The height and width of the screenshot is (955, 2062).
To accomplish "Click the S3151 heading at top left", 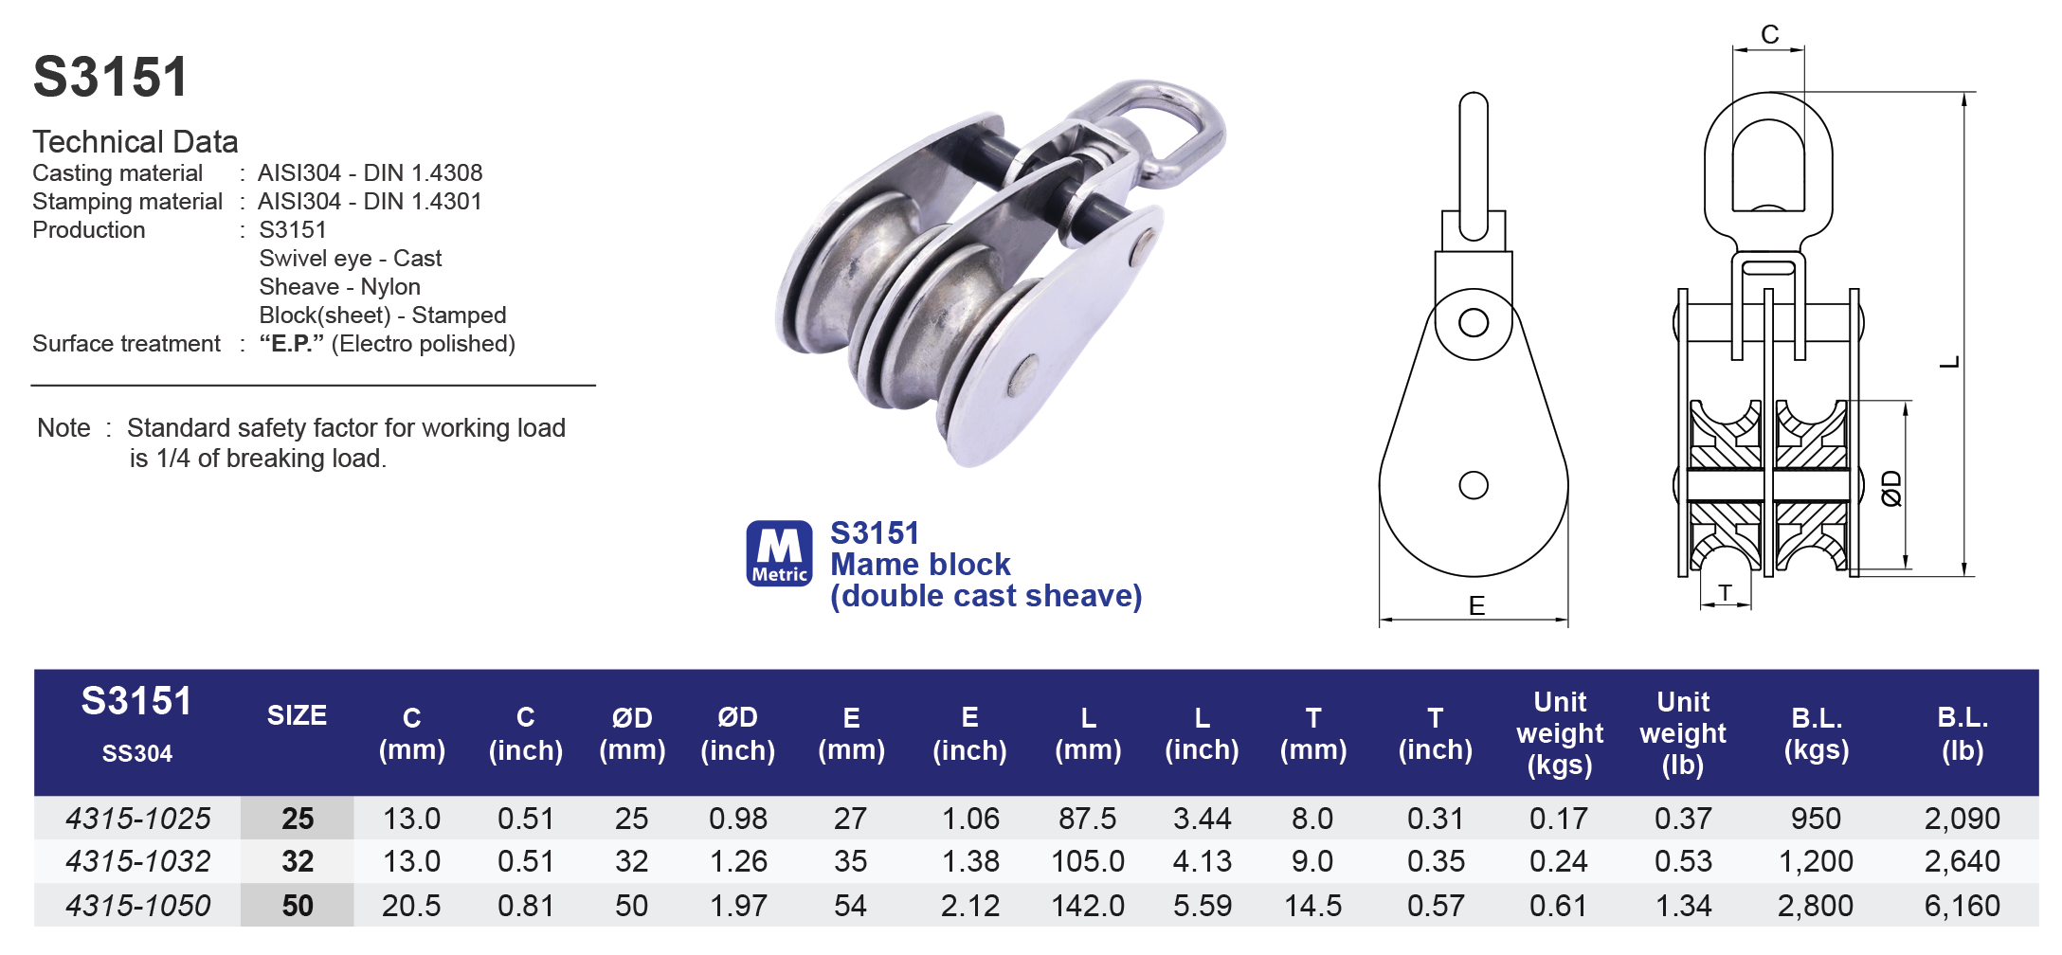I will (x=111, y=77).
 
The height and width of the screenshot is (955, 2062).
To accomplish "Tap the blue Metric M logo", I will (x=779, y=553).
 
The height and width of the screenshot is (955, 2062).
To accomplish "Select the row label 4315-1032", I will (x=137, y=861).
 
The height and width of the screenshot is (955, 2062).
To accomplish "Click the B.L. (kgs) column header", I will (x=1816, y=733).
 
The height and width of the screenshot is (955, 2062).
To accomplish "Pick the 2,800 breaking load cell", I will (x=1815, y=906).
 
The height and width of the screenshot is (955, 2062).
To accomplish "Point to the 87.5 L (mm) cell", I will (x=1087, y=818).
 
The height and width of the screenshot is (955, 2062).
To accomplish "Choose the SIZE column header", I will (x=297, y=715).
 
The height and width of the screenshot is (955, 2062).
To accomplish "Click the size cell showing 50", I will (x=297, y=906).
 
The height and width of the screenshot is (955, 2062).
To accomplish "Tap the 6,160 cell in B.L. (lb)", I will (x=1962, y=906).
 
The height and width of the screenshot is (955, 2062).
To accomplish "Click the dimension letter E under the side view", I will (x=1476, y=606).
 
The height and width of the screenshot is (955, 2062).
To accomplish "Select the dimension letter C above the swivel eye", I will (x=1769, y=35).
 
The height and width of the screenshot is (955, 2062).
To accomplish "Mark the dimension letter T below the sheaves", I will (x=1725, y=593).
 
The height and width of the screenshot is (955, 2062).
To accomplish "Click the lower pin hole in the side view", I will (x=1473, y=485).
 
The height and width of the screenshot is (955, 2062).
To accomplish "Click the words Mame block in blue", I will (x=920, y=565).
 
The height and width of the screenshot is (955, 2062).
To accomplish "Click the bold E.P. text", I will (x=291, y=343).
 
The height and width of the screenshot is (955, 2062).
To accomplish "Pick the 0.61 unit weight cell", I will (x=1558, y=906).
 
